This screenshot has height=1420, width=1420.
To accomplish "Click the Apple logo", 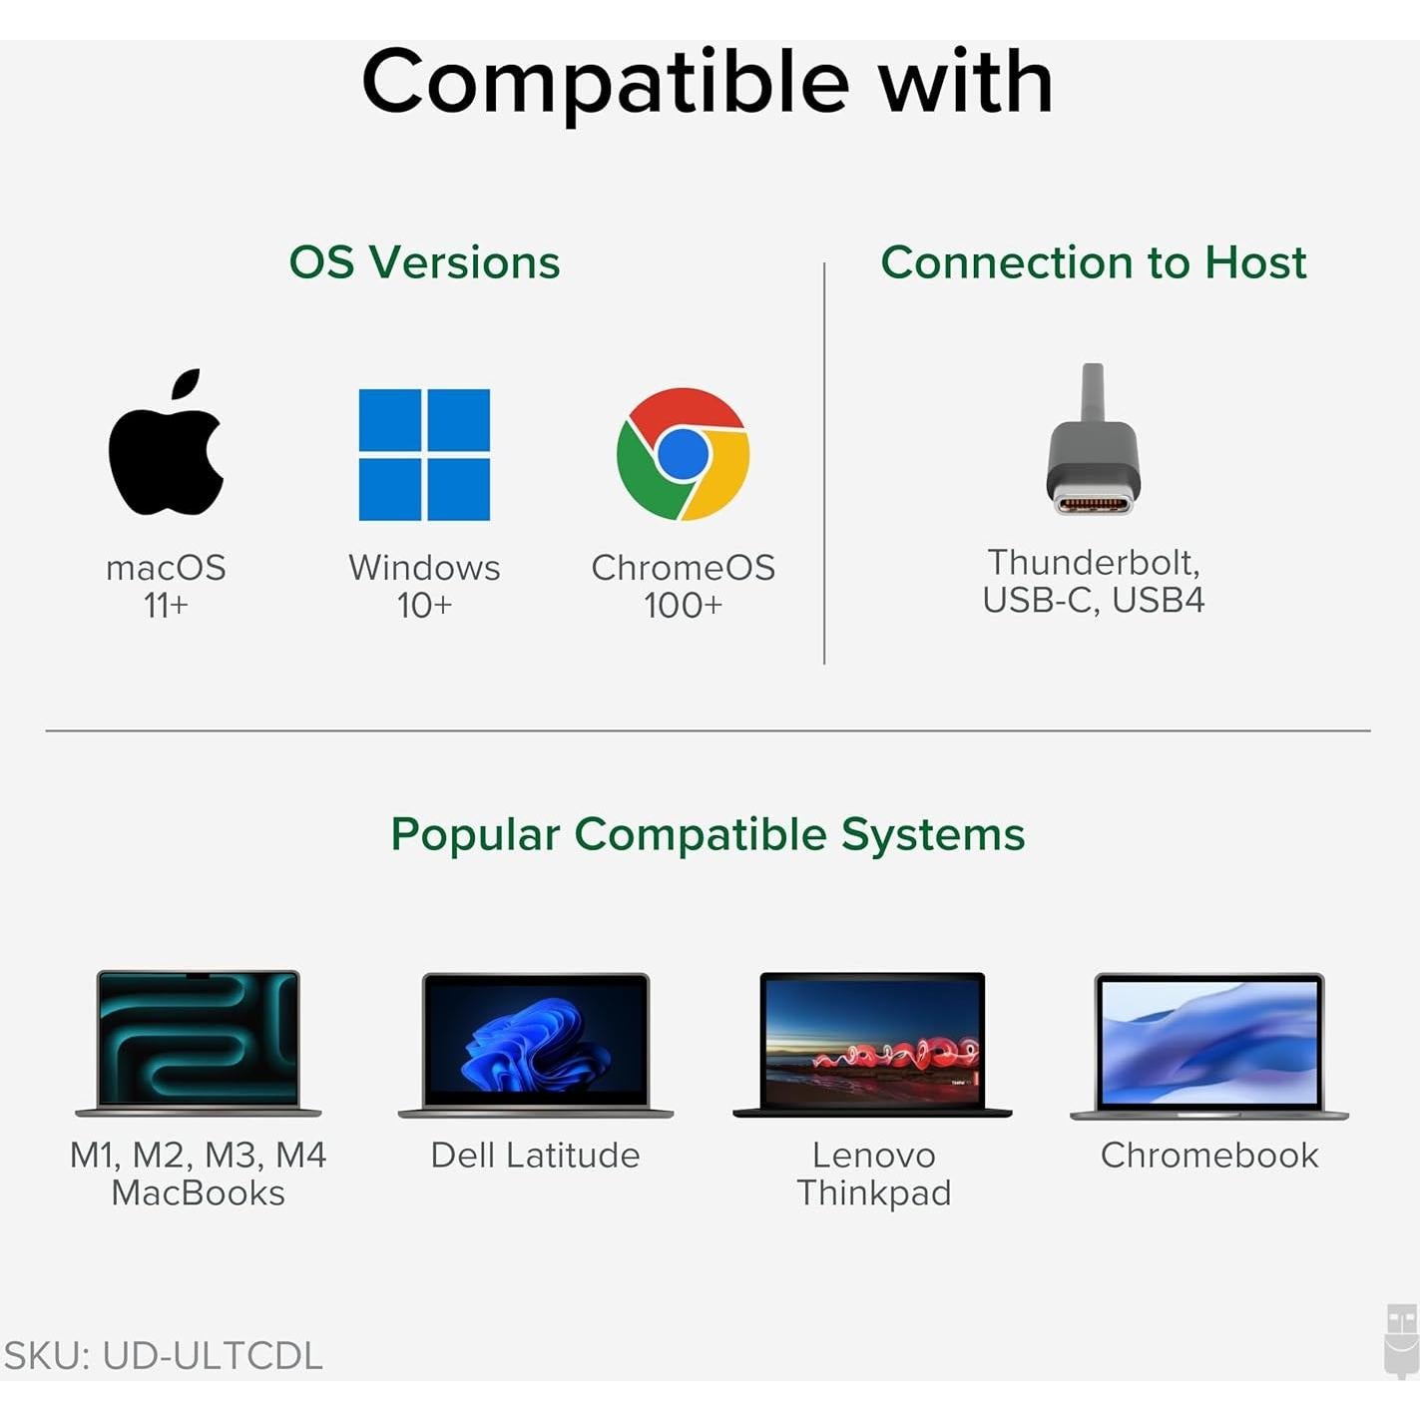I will click(166, 449).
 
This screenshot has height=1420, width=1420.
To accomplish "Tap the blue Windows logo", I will click(424, 455).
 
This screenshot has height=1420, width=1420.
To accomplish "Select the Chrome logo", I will click(684, 454).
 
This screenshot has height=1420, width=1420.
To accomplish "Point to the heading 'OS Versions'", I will click(424, 262).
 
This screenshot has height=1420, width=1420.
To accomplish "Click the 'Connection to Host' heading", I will click(1094, 262).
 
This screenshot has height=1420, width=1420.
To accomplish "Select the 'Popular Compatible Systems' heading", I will click(708, 834).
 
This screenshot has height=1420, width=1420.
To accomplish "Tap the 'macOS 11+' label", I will click(166, 586).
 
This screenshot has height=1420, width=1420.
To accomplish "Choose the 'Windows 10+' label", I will click(424, 586).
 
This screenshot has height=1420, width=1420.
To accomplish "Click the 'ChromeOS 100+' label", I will click(684, 586).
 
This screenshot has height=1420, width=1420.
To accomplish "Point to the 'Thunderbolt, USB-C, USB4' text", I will click(1094, 581).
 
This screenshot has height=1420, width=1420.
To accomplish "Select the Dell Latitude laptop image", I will click(536, 1044).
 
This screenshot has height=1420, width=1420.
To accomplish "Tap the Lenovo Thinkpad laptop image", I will click(872, 1044).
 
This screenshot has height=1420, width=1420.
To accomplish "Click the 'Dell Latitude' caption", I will click(536, 1155).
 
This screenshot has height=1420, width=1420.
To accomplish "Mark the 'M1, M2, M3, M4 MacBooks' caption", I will click(199, 1174).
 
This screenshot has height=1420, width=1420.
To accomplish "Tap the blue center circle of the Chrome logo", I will click(684, 453).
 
